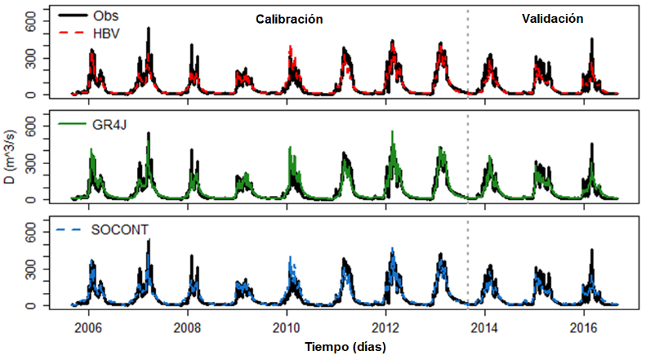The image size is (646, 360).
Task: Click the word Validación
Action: pos(552,19)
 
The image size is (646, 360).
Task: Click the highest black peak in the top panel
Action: pos(148,29)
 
